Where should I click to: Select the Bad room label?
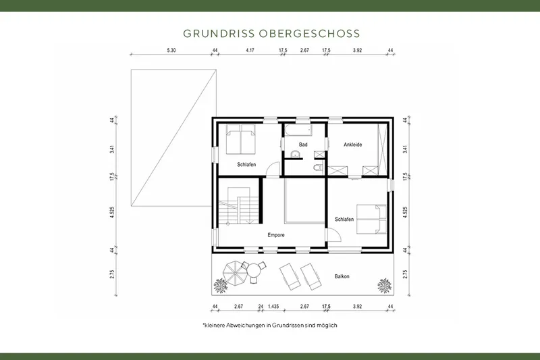pyautogui.click(x=303, y=145)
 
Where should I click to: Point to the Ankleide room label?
pyautogui.click(x=353, y=145)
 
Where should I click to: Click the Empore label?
pyautogui.click(x=275, y=235)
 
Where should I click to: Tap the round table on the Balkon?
pyautogui.click(x=254, y=270)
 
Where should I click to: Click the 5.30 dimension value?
pyautogui.click(x=171, y=51)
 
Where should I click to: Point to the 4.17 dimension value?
pyautogui.click(x=250, y=51)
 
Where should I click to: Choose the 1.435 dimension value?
pyautogui.click(x=273, y=307)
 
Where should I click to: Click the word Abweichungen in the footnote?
pyautogui.click(x=246, y=325)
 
